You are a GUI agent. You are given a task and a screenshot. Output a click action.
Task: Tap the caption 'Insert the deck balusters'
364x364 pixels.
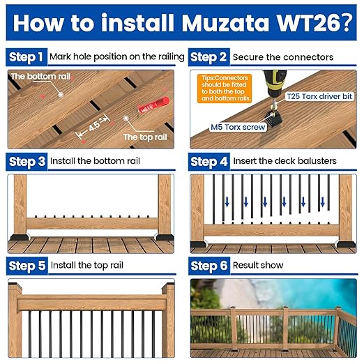tap(284, 161)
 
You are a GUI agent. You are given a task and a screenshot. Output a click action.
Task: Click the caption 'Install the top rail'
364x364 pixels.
tap(89, 266)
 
